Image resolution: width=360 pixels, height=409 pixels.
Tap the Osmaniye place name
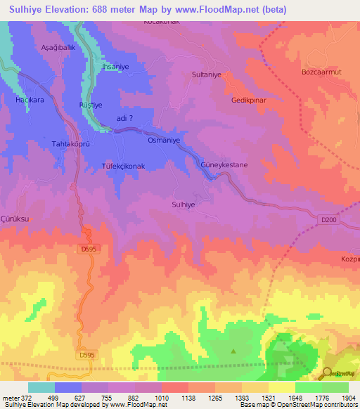click(164, 140)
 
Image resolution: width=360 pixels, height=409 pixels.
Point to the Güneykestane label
click(224, 164)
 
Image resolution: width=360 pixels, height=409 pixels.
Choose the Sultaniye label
click(206, 73)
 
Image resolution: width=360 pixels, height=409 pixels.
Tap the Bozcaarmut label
click(321, 73)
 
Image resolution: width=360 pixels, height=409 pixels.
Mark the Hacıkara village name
click(30, 100)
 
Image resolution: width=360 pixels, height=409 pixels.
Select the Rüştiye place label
click(91, 104)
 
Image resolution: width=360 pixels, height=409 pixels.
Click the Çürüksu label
click(15, 219)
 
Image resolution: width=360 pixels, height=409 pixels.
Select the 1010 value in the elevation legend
click(162, 397)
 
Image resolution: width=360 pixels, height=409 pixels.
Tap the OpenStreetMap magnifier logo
click(328, 373)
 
